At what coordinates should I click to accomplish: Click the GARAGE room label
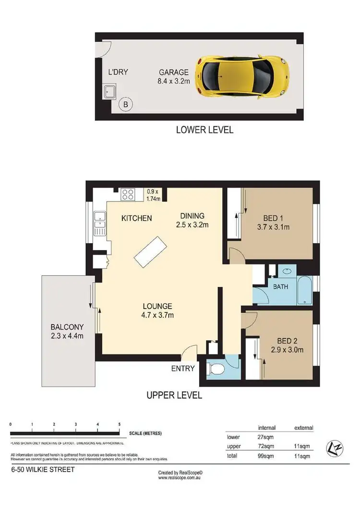[x=174, y=73]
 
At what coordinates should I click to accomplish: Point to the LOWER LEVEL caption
[x=204, y=130]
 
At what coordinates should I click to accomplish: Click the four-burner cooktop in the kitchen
[x=128, y=194]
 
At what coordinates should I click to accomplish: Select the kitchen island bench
[x=151, y=251]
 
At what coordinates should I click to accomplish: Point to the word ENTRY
[x=183, y=368]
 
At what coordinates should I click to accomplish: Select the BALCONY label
[x=67, y=328]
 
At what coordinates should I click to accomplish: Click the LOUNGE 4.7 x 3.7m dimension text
[x=157, y=315]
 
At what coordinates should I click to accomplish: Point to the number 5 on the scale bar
[x=120, y=425]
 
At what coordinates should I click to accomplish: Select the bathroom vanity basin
[x=287, y=271]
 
